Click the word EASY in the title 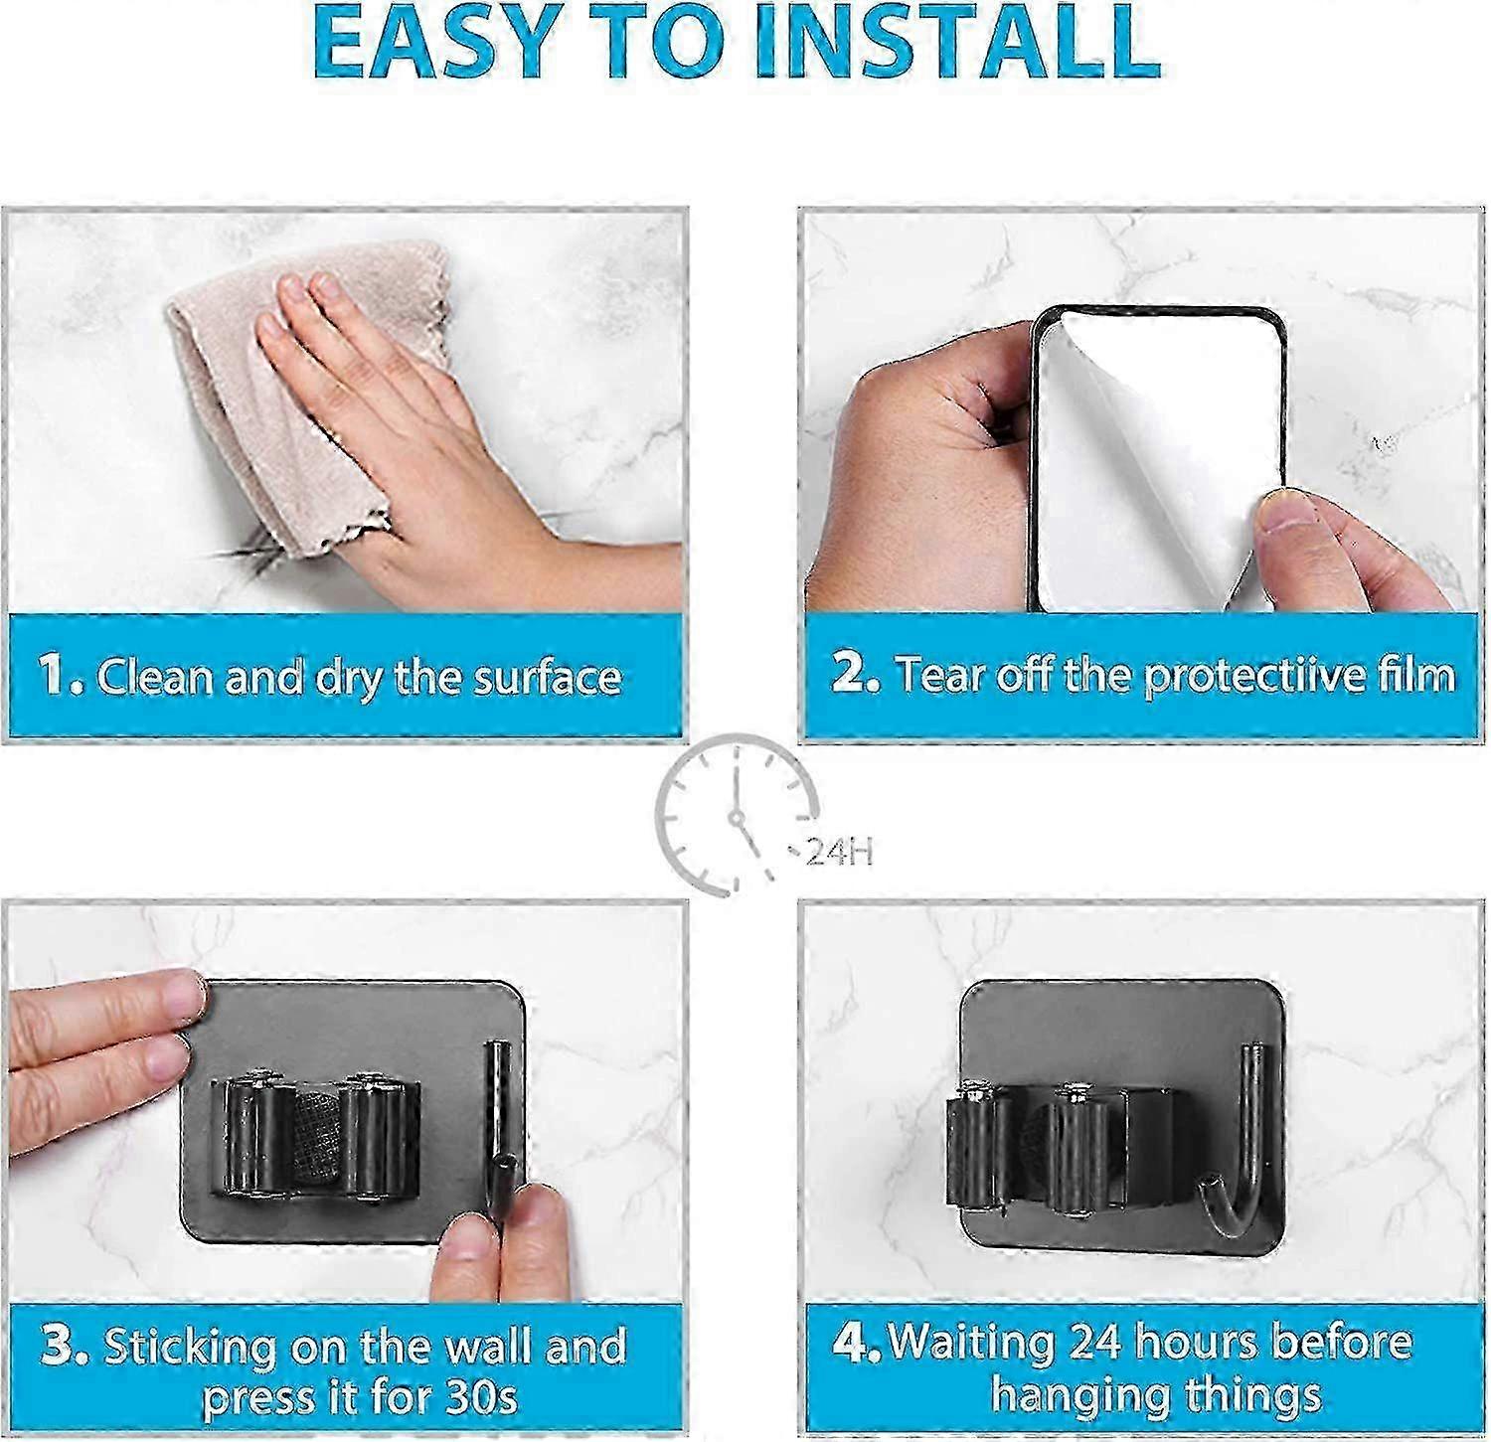point(437,44)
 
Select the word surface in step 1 point(546,677)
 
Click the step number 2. point(856,672)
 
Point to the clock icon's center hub point(737,818)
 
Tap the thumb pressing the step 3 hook point(502,1242)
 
